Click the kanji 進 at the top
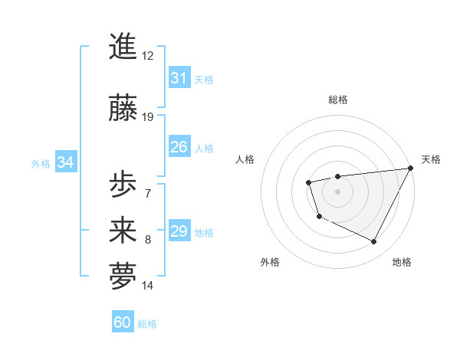(123, 46)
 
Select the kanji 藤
(123, 108)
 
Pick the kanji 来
(123, 231)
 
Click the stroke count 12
(147, 56)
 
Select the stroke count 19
(147, 117)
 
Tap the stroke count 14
(147, 286)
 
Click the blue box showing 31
(179, 78)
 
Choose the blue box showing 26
(179, 147)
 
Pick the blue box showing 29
(179, 231)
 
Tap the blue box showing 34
(65, 162)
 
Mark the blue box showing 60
(123, 322)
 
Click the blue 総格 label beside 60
(147, 324)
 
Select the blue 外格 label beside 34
(41, 163)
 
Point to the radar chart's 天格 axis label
(431, 159)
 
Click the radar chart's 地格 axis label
(402, 262)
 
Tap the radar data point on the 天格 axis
(410, 168)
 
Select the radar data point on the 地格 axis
(374, 242)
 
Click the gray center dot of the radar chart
(337, 191)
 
